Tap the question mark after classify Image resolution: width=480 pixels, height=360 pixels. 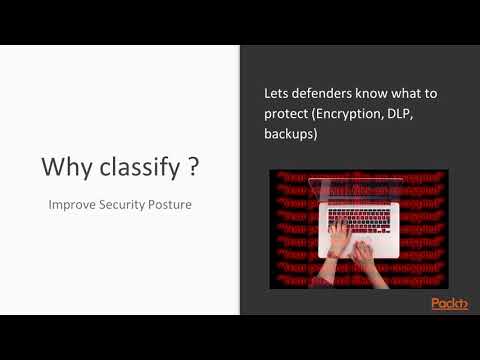click(192, 167)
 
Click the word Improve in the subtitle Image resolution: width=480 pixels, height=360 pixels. click(73, 205)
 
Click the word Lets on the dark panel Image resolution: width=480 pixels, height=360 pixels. click(277, 93)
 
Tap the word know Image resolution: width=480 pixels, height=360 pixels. click(389, 93)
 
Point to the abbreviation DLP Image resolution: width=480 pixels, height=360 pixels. click(416, 113)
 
